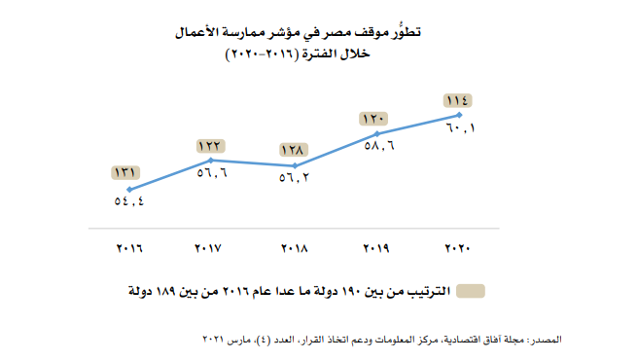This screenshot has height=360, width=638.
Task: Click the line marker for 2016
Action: point(128,190)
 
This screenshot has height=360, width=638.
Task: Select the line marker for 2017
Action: point(211,160)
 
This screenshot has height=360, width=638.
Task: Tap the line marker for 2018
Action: point(294,166)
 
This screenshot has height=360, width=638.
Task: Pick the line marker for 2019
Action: point(376,133)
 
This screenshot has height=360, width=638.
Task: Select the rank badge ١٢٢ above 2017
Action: point(211,145)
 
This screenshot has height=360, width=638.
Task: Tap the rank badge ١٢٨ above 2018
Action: point(294,151)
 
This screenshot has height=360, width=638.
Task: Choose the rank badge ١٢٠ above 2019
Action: point(375,119)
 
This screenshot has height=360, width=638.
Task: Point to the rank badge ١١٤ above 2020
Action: point(457,100)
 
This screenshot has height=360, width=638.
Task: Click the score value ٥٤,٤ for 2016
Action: point(127,204)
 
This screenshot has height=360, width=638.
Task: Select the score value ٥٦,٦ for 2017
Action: point(211,175)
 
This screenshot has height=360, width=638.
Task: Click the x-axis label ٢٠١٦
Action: point(128,250)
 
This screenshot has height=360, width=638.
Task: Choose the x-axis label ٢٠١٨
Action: point(294,250)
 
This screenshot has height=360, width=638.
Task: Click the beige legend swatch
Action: point(472,291)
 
